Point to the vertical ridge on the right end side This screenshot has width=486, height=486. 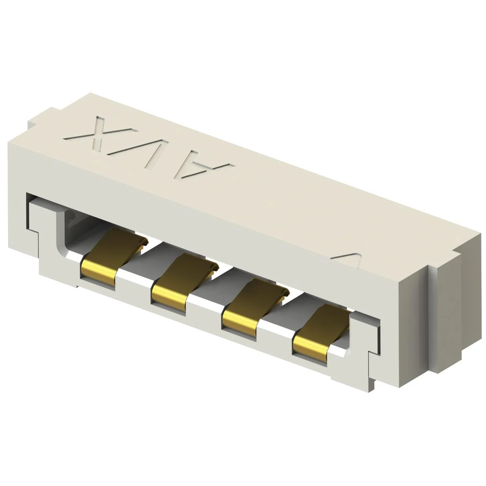tap(432, 321)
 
